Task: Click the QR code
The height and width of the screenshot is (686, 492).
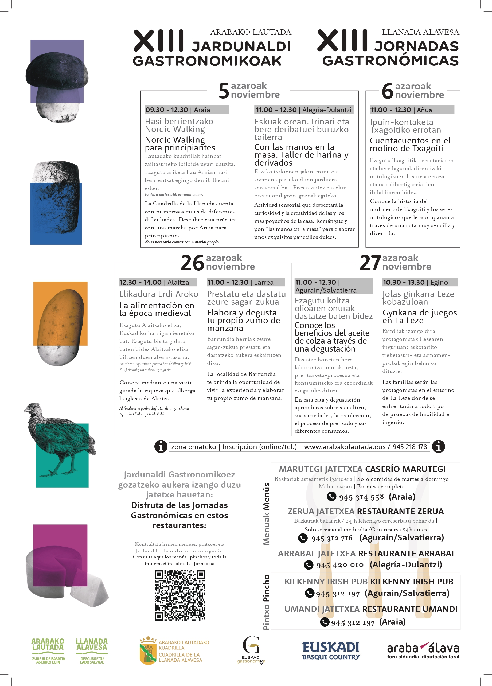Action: pyautogui.click(x=180, y=595)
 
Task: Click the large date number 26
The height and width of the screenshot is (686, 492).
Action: pyautogui.click(x=192, y=263)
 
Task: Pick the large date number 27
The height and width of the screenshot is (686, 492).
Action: pyautogui.click(x=370, y=263)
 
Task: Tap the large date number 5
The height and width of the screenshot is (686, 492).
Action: pyautogui.click(x=224, y=91)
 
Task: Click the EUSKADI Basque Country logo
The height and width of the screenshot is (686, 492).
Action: pyautogui.click(x=331, y=650)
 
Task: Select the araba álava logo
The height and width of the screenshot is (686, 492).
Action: pyautogui.click(x=423, y=650)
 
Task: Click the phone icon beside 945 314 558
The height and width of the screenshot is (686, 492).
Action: pyautogui.click(x=332, y=496)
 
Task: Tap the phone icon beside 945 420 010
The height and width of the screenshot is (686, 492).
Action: pyautogui.click(x=309, y=565)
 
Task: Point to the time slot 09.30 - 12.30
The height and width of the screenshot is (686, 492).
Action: pyautogui.click(x=167, y=110)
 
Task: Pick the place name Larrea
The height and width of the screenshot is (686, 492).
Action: pyautogui.click(x=264, y=282)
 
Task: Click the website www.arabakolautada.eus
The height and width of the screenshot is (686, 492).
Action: pyautogui.click(x=345, y=446)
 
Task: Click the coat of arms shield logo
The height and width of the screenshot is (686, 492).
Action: pyautogui.click(x=148, y=651)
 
